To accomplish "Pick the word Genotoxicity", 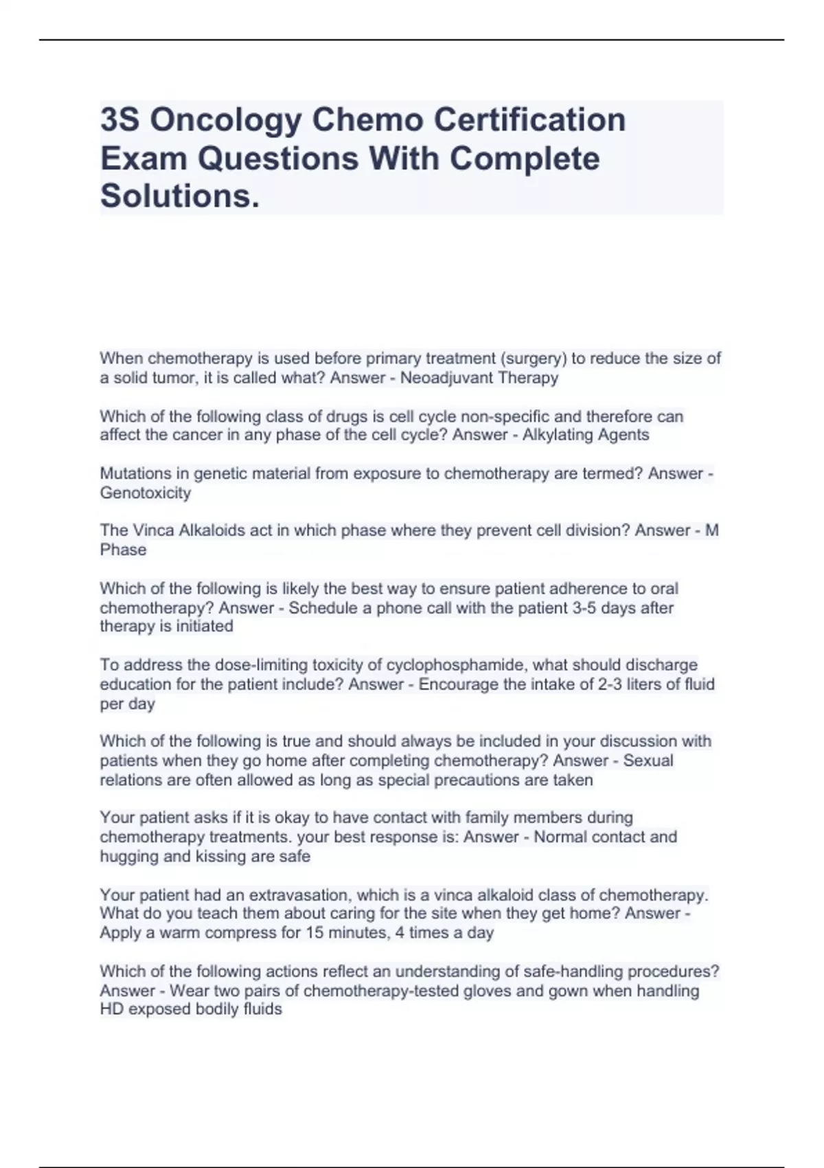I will [x=145, y=493].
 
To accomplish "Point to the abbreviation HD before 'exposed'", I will [x=112, y=1009].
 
